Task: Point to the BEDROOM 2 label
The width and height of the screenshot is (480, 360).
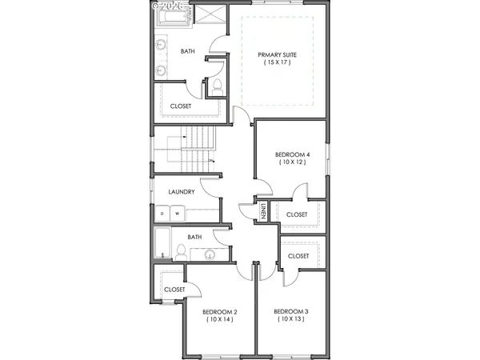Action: (x=218, y=311)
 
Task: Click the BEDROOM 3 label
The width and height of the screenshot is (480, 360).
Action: (x=290, y=311)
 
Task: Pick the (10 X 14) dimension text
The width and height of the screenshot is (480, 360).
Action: (x=218, y=319)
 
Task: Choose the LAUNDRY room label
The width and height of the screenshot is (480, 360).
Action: (x=182, y=192)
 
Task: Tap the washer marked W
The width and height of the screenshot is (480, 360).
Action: (x=176, y=214)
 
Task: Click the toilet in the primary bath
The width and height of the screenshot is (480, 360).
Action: (x=216, y=86)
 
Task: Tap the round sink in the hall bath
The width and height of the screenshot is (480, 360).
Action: (x=210, y=254)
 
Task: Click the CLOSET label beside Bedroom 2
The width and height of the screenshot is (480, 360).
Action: (x=174, y=290)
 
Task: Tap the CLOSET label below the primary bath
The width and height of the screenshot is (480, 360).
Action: (x=181, y=106)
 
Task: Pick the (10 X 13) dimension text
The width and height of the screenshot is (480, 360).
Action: (x=290, y=319)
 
